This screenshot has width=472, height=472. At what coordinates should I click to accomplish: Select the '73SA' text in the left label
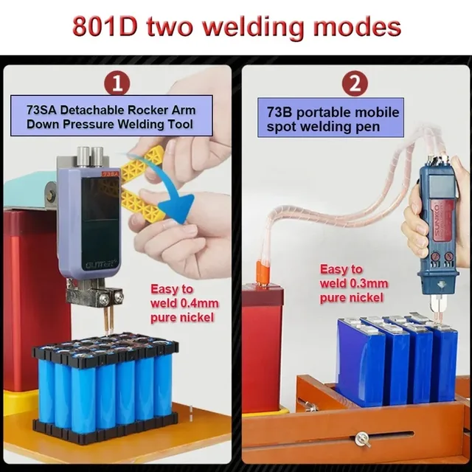42,110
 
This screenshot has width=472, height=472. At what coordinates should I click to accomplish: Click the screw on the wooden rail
362,439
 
